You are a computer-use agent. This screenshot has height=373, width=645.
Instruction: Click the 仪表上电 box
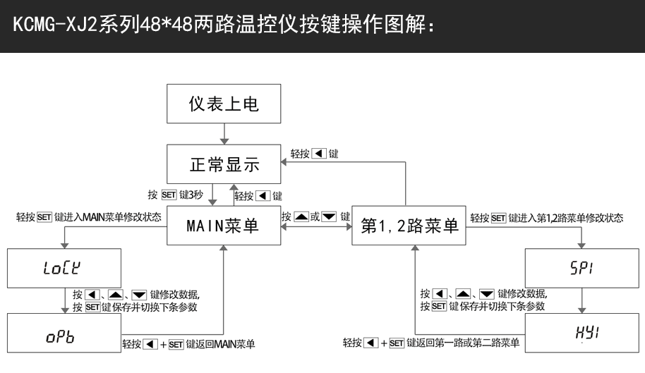[223, 104]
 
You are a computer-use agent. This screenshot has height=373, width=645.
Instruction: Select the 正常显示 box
[223, 165]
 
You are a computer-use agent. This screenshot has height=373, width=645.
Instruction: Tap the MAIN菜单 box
[223, 226]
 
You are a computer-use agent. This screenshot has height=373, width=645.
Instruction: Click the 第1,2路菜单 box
[409, 226]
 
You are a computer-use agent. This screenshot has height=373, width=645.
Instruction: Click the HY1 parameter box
[581, 334]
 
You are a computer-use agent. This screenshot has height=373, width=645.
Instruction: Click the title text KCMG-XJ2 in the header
[52, 26]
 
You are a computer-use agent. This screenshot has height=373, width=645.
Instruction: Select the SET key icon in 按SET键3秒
[168, 194]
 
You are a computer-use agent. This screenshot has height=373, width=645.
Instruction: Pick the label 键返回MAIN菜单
[220, 344]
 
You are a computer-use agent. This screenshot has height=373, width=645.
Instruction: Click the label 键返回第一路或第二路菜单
[463, 344]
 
